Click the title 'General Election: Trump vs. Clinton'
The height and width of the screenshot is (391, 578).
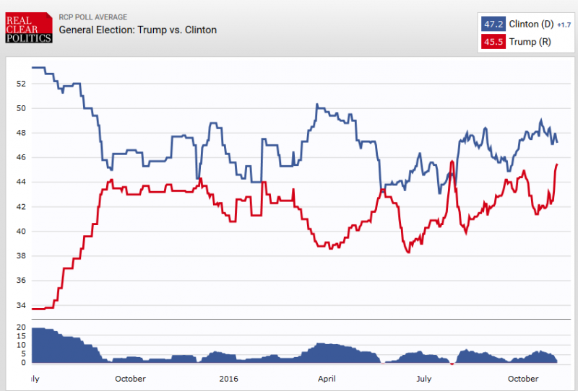pos(137,30)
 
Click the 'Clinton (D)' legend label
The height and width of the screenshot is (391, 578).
pos(531,24)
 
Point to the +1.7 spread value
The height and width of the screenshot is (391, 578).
pos(564,25)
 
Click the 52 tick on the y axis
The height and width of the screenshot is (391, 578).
pos(20,84)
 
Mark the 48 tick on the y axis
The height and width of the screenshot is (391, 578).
pos(20,133)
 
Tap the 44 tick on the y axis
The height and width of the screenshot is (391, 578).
pos(20,182)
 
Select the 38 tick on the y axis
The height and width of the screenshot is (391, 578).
pos(20,256)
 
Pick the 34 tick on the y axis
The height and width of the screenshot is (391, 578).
pos(20,305)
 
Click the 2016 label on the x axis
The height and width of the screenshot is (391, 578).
pos(228,379)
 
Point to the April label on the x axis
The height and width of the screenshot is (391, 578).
pos(327,379)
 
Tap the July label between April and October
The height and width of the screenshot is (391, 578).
pos(424,379)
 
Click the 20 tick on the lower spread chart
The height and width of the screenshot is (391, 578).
pos(20,328)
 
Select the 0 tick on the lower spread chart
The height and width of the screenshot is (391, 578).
pos(22,363)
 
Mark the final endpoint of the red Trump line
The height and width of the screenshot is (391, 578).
pos(557,164)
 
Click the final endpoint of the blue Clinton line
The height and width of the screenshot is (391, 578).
pos(557,142)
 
